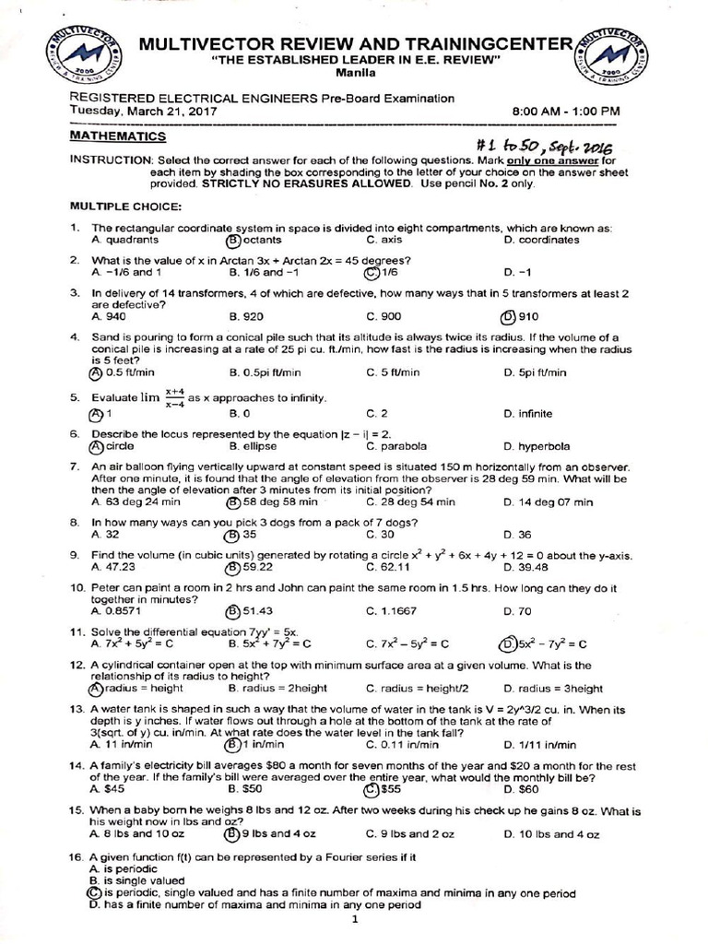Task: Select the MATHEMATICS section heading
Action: click(118, 136)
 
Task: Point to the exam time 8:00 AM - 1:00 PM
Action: click(566, 111)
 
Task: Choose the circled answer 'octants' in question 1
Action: click(254, 240)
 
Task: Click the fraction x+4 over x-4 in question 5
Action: click(175, 397)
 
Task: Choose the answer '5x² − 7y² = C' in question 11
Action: click(544, 643)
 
